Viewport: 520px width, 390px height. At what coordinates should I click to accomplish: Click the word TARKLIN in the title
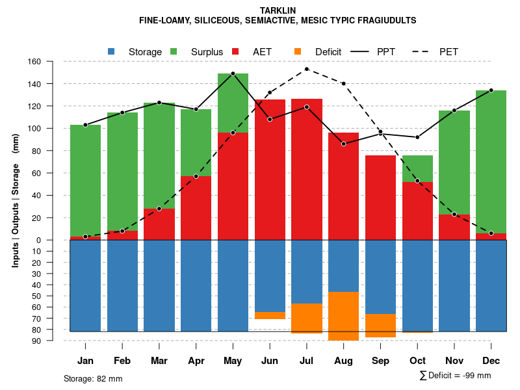[x=278, y=10]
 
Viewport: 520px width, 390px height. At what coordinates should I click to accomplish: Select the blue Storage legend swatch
[x=111, y=51]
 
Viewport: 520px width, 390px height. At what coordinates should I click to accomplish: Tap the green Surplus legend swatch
[x=174, y=51]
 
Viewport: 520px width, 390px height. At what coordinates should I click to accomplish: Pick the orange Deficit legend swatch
[x=298, y=51]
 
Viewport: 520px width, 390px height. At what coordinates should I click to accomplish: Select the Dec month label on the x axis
[x=491, y=361]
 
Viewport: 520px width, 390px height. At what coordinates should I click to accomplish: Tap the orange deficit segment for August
[x=343, y=316]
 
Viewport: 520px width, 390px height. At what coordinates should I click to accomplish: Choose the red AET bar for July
[x=306, y=169]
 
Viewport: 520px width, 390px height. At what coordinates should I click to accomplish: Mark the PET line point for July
[x=306, y=69]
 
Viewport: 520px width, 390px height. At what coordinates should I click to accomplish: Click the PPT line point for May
[x=233, y=73]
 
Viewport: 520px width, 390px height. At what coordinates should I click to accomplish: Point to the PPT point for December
[x=491, y=90]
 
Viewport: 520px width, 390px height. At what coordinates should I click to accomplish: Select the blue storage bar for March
[x=159, y=285]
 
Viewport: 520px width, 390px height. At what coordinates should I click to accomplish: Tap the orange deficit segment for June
[x=270, y=315]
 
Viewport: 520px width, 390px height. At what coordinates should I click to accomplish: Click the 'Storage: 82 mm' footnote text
[x=93, y=378]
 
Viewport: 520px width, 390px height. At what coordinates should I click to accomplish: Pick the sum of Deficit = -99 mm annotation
[x=455, y=375]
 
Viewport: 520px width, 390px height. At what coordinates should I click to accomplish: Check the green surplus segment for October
[x=417, y=168]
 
